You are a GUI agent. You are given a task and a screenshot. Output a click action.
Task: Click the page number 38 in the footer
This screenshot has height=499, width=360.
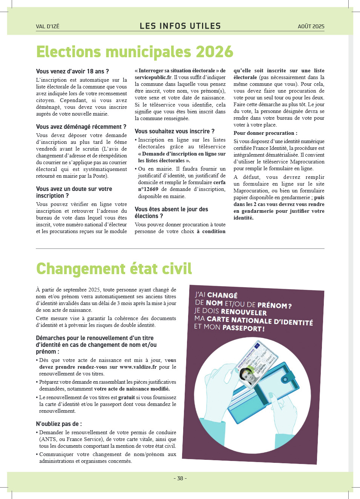pos(180,478)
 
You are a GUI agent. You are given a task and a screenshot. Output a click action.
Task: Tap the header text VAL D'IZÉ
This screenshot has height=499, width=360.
pos(47,26)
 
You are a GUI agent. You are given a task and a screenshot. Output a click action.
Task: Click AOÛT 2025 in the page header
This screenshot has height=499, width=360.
pos(311,26)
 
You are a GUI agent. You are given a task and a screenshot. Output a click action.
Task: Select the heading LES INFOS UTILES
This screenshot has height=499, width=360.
pos(180,26)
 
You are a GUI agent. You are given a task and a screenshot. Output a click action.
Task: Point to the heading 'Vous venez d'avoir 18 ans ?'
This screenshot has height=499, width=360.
pos(72,71)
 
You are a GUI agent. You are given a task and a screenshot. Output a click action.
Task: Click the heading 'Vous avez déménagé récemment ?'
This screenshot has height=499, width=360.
pos(81,127)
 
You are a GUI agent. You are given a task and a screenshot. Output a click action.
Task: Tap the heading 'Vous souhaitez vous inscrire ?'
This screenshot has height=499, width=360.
pos(175,131)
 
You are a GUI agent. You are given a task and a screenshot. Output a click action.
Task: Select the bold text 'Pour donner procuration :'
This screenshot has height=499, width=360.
pos(265,133)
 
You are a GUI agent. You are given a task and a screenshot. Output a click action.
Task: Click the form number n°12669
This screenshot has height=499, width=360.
pos(148,189)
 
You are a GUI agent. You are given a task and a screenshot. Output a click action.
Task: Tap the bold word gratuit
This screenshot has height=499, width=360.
pos(126,397)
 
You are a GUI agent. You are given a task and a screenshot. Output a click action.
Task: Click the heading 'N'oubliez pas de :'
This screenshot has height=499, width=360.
pos(59,424)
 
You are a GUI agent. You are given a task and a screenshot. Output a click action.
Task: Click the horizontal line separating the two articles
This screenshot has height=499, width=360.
pos(180,249)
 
